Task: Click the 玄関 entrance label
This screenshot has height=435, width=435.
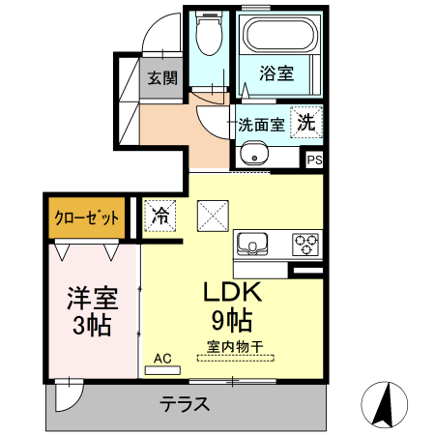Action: tap(163, 78)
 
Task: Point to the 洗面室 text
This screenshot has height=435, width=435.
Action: tap(261, 124)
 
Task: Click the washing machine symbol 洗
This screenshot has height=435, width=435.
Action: tap(305, 123)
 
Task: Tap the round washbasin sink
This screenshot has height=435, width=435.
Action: tap(254, 153)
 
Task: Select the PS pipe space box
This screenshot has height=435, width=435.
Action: tap(315, 160)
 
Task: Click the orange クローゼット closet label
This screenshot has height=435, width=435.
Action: tap(85, 218)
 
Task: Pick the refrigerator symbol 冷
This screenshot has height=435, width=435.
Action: tap(160, 215)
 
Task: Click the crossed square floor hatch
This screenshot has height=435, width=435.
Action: tap(212, 215)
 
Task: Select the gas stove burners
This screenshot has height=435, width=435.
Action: tap(306, 243)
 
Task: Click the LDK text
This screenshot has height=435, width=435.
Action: tap(233, 293)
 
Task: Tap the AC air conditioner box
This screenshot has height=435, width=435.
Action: tap(162, 360)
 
